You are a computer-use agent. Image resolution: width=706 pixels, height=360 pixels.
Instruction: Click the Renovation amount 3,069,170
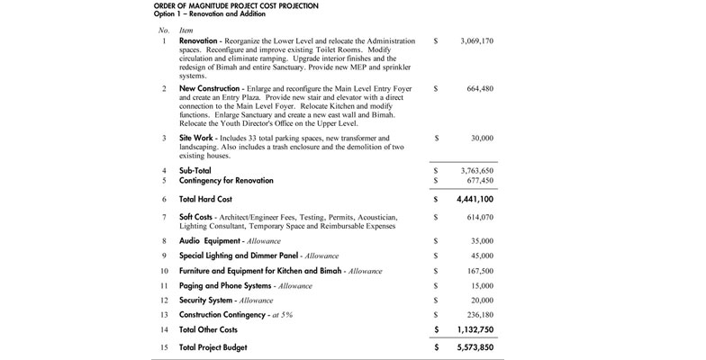[476, 41]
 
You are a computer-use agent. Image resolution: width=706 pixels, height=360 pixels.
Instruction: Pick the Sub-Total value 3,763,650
[476, 169]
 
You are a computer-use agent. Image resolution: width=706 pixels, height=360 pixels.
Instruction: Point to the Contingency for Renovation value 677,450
[481, 180]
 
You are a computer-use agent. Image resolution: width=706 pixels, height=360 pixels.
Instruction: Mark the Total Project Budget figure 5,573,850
[475, 346]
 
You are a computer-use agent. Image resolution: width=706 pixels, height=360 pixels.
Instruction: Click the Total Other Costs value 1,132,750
[475, 329]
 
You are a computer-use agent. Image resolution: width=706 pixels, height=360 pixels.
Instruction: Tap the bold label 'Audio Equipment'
[209, 241]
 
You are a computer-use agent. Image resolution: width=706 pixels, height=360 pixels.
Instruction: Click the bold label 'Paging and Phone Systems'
[226, 285]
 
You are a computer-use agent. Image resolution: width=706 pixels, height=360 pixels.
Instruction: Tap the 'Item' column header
[186, 31]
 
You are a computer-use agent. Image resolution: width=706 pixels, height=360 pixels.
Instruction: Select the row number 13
[163, 314]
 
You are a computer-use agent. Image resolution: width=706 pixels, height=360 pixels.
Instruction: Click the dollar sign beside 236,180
[435, 314]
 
